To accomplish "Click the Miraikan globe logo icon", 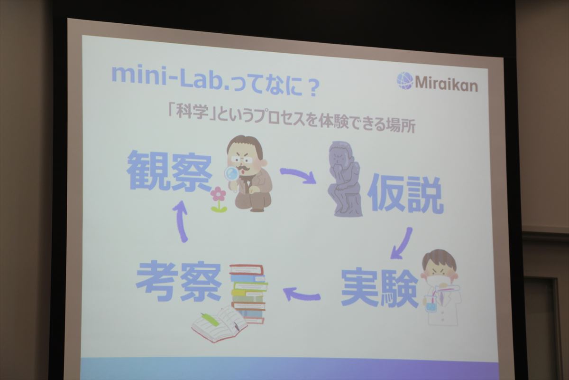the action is click(405, 80).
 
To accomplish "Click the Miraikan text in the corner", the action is click(446, 83).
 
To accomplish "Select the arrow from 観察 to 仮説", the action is click(298, 175).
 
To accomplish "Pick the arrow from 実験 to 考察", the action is click(301, 294).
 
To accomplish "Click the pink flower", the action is click(218, 199).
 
